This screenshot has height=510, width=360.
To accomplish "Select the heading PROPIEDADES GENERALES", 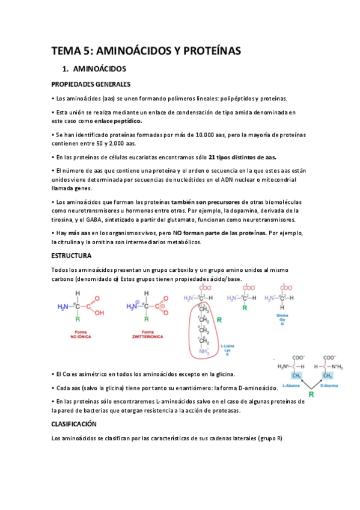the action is [91, 84].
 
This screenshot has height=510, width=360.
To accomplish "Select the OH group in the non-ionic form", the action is [100, 313].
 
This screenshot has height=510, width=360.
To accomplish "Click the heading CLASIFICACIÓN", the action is [75, 424].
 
